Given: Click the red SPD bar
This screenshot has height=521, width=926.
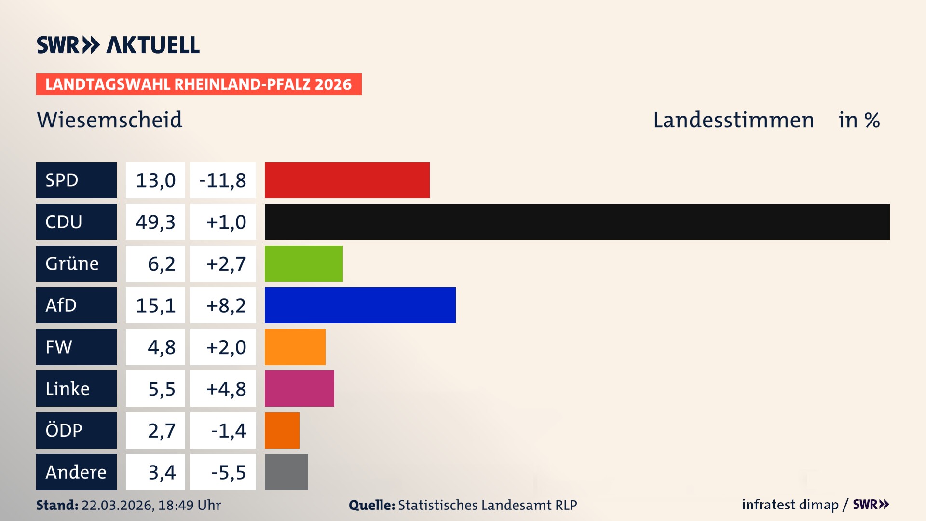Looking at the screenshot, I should (x=347, y=180).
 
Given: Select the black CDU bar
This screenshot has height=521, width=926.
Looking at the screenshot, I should (x=577, y=221).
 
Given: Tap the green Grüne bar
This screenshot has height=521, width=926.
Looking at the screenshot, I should (x=303, y=263).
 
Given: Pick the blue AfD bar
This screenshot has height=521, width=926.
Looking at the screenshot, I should (x=360, y=305).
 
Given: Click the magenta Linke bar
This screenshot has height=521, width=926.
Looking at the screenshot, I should (x=299, y=388).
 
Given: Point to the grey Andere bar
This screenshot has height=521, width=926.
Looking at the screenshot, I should (x=286, y=472).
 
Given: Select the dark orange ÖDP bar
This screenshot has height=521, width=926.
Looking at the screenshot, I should (x=282, y=430).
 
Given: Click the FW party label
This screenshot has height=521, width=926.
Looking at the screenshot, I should (x=76, y=347).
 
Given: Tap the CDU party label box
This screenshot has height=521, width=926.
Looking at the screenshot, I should (x=76, y=221).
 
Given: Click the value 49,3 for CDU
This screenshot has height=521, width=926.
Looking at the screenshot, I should (x=155, y=222).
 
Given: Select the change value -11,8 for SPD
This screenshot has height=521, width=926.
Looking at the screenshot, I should (x=223, y=180).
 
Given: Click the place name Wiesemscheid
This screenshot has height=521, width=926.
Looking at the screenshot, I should (x=109, y=120).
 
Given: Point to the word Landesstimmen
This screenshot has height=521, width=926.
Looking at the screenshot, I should (x=733, y=120).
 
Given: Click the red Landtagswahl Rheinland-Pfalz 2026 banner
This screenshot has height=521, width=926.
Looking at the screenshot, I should (x=199, y=84).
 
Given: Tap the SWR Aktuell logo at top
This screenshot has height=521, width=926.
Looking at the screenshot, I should (x=118, y=45).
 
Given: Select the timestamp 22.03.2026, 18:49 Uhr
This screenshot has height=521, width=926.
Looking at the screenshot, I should (x=151, y=505).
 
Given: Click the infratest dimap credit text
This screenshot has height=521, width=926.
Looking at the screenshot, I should (x=790, y=505).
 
